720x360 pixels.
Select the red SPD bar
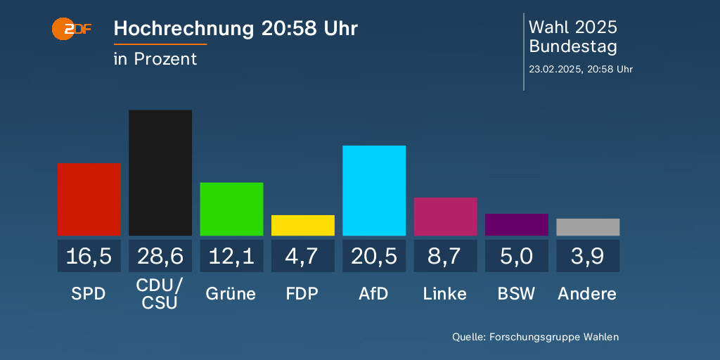89,199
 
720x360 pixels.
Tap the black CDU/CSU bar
160,173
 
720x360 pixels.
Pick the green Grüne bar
231,209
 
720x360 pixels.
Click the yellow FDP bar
303,225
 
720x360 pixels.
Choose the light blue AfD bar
374,191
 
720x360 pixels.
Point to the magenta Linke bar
445,217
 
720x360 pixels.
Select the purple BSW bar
517,224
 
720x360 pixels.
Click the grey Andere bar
588,227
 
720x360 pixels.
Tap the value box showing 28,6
160,256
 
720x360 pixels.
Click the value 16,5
89,256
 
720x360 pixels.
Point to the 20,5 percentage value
374,256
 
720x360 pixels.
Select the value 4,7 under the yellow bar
303,256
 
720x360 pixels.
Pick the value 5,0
517,256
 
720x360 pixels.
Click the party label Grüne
231,293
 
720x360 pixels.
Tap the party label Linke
445,293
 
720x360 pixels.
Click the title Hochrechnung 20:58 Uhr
236,29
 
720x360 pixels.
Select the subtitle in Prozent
155,59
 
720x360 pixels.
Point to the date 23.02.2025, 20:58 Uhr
581,69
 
